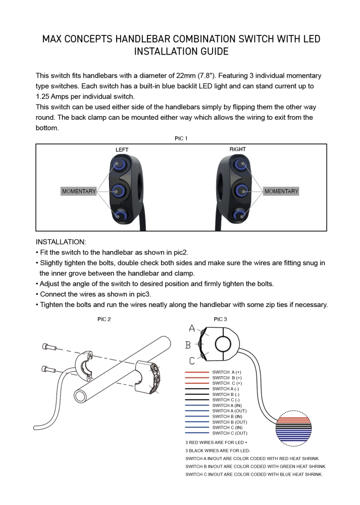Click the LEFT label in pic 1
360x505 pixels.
click(x=122, y=149)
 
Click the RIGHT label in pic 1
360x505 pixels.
click(x=238, y=149)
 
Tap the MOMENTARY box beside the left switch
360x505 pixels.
click(x=78, y=191)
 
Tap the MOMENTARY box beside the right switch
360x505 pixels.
click(x=281, y=191)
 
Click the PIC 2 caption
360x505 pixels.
click(x=104, y=319)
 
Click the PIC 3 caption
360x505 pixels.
click(x=221, y=319)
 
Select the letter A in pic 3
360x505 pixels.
click(x=192, y=329)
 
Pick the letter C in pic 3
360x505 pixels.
click(x=192, y=361)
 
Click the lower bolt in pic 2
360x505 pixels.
click(x=47, y=369)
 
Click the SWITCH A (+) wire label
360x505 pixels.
click(x=227, y=372)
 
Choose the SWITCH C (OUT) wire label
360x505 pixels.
click(x=230, y=433)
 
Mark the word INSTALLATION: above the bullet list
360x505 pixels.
click(x=61, y=242)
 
